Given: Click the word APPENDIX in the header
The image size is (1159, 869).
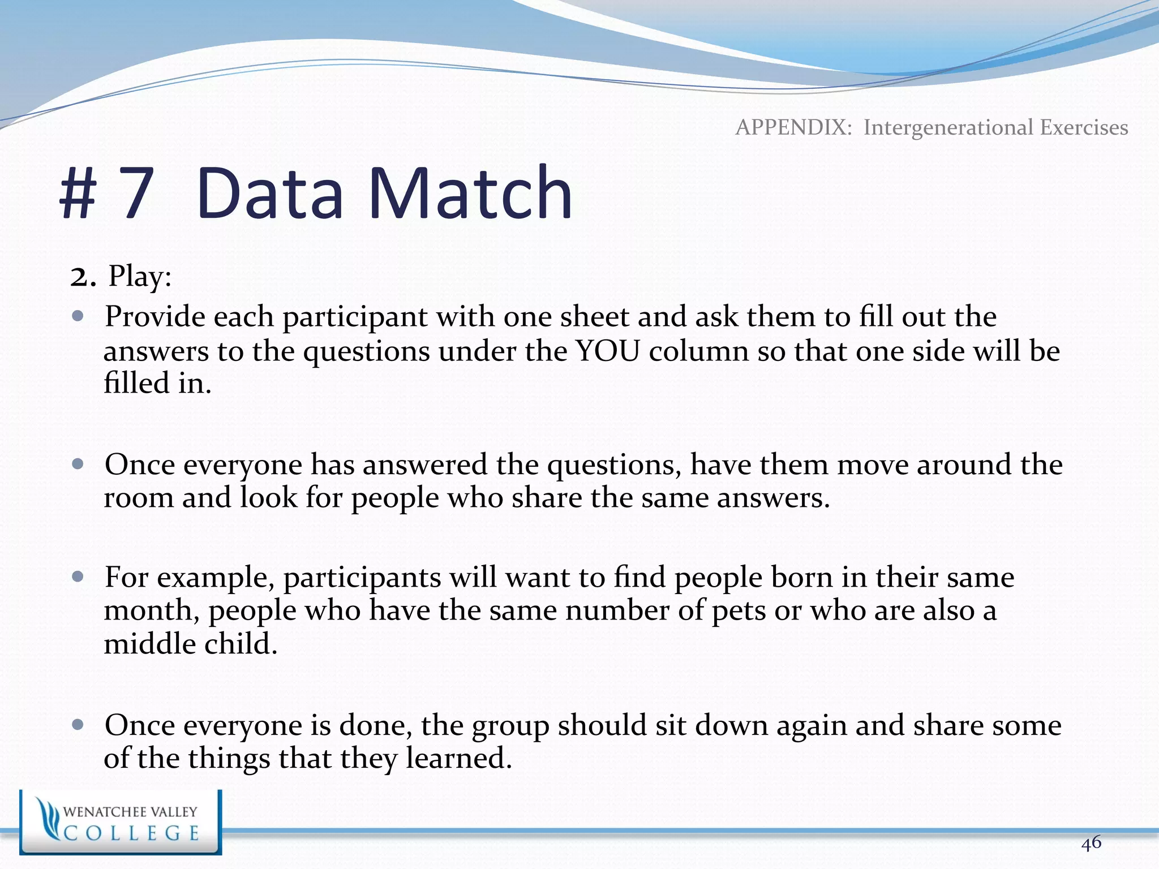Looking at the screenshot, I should (x=793, y=127).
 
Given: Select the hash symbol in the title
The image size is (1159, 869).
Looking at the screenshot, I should (x=79, y=193).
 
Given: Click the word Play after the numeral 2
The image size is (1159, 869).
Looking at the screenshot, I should (x=139, y=277).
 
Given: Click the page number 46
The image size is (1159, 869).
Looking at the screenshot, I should (x=1091, y=843).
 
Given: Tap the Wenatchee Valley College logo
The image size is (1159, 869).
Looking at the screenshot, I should (x=120, y=822).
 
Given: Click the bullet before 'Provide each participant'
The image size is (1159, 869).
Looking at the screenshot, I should (x=78, y=316).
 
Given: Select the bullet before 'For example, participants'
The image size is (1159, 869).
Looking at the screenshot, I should (x=78, y=577).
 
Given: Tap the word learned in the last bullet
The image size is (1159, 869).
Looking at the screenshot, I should (x=458, y=759).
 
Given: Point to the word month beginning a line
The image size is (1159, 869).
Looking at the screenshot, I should (x=151, y=611).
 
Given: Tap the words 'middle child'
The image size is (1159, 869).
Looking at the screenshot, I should (x=190, y=644).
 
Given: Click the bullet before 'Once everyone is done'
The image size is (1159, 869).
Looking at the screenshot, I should (x=78, y=725).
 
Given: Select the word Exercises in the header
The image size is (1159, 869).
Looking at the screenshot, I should (x=1084, y=127).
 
